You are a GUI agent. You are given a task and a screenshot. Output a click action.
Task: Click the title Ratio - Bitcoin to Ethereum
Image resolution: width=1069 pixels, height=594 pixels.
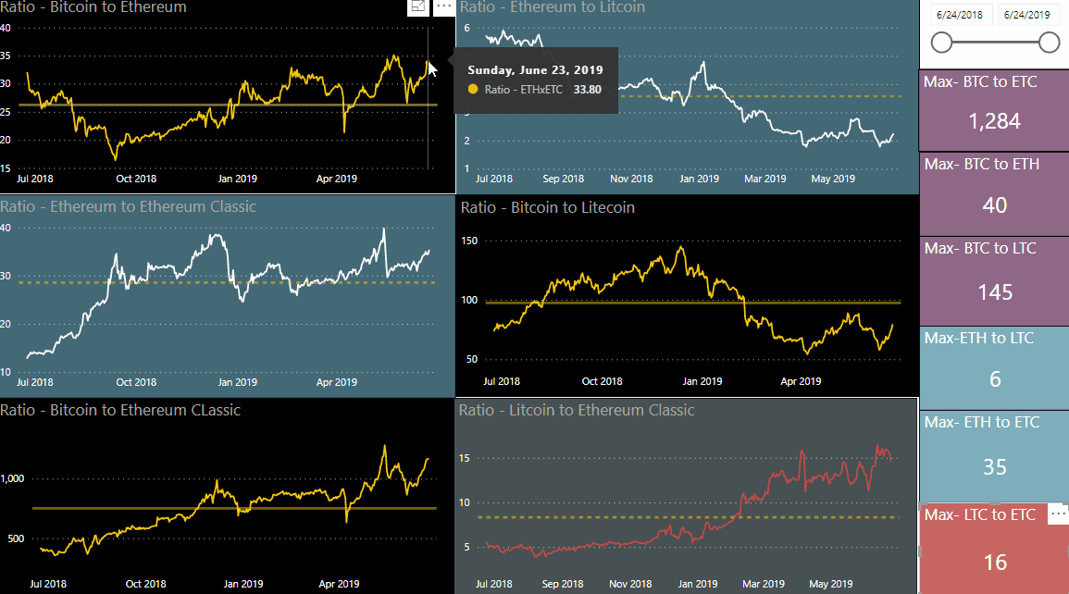[93, 7]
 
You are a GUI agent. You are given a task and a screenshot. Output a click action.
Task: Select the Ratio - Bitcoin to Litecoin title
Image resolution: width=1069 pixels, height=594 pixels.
[547, 207]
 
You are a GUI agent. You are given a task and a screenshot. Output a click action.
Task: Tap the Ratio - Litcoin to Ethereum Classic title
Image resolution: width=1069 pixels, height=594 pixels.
[577, 410]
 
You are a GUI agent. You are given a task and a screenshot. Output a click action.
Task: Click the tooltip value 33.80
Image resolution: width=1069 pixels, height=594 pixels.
[588, 90]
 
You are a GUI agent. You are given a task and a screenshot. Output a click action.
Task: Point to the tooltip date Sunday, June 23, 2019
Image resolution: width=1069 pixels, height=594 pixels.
[535, 69]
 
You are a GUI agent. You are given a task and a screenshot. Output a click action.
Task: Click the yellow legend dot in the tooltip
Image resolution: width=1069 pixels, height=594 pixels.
[474, 90]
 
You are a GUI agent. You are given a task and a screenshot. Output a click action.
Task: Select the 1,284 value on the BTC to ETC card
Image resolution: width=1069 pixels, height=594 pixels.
[994, 121]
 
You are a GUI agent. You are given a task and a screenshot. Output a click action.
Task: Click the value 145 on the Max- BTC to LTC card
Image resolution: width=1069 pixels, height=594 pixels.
[995, 292]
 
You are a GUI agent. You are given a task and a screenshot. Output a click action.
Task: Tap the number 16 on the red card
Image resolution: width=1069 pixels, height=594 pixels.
[995, 562]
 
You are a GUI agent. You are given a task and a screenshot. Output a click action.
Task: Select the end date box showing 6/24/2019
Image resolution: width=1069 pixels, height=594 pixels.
[1027, 15]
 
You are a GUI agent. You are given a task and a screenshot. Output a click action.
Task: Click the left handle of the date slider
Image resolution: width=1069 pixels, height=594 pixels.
[941, 43]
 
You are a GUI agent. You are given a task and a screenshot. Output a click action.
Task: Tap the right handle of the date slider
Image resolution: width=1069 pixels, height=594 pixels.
[1049, 43]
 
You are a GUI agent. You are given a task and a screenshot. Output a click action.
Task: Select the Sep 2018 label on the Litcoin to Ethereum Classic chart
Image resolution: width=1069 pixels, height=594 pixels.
[563, 584]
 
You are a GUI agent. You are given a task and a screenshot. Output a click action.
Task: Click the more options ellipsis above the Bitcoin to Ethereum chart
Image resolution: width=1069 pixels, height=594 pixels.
[444, 6]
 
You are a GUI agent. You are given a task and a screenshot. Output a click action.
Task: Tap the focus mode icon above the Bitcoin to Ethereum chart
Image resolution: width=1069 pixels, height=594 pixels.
[418, 6]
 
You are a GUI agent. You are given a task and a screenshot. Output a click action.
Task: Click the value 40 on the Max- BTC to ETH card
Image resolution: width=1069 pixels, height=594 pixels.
[995, 205]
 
